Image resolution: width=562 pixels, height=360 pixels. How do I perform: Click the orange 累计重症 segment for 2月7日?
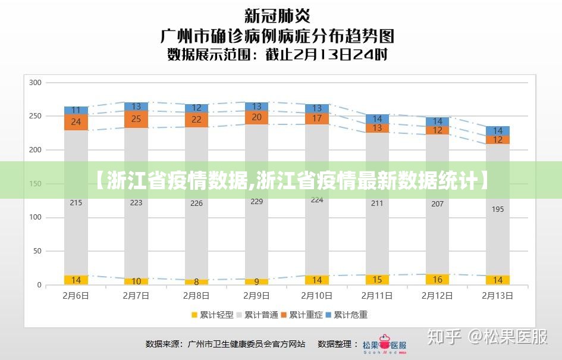[136, 119]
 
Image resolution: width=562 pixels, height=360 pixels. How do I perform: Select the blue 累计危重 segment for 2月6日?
[76, 110]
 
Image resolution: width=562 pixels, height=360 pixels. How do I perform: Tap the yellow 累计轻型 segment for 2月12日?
[437, 280]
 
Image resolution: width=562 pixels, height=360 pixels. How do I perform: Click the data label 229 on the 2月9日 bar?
[256, 202]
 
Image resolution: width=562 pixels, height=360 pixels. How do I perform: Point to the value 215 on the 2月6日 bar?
[76, 203]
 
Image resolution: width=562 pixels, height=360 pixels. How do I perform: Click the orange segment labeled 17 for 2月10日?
[317, 118]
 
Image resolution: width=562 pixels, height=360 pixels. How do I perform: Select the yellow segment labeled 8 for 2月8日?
[196, 282]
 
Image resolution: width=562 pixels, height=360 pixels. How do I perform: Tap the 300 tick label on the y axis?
[35, 82]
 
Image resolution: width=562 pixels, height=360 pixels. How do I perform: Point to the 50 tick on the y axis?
[37, 251]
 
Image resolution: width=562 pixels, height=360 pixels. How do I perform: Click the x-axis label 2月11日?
[377, 295]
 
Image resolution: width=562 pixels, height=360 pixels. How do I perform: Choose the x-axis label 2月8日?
[196, 295]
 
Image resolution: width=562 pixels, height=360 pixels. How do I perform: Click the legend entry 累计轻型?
[212, 315]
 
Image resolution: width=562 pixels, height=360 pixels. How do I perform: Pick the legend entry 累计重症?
[302, 315]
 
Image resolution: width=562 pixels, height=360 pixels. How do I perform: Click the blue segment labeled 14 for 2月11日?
[377, 119]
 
